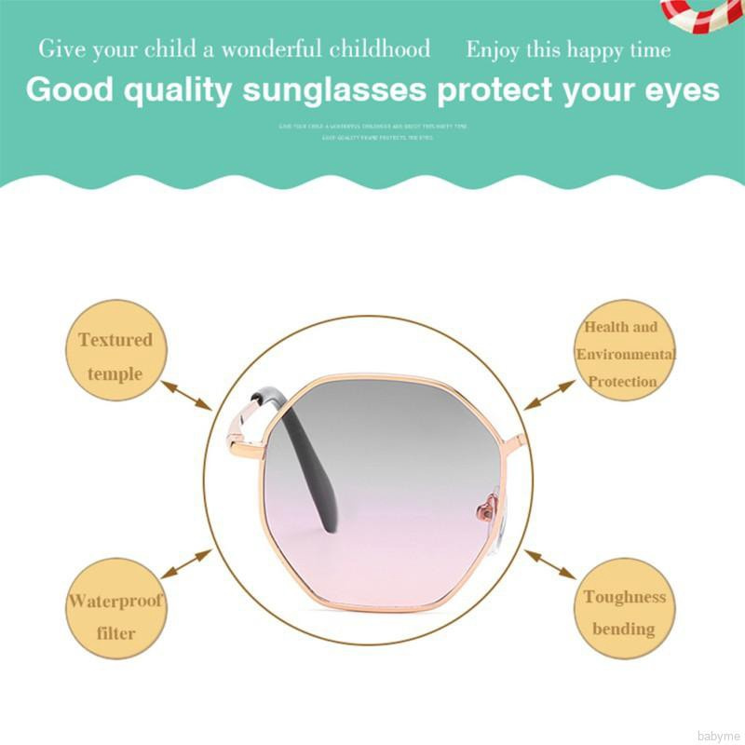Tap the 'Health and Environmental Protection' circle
pos(625,351)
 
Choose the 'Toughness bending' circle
pos(625,610)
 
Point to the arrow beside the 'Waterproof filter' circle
pos(187,562)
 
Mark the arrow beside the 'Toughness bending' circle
pos(549,562)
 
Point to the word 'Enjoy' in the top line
pos(493,49)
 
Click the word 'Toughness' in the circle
pos(625,597)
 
